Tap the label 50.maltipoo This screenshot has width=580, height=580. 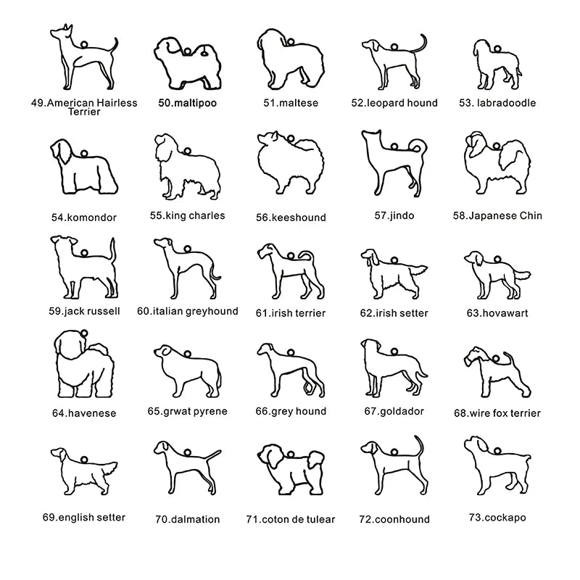[x=188, y=103]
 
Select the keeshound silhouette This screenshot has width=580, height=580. [x=291, y=162]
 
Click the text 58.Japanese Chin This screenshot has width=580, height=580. [x=497, y=215]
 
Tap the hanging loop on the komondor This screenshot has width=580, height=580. [x=84, y=154]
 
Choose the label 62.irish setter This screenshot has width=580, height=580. [x=394, y=313]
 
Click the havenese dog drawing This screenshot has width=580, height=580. [x=84, y=365]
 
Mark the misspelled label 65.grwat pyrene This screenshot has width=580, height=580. [x=188, y=411]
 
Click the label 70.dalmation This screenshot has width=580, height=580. [x=188, y=519]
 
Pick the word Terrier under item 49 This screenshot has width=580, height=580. [x=84, y=112]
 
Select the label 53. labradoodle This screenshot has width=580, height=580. [x=497, y=103]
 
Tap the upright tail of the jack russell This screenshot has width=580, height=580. [x=112, y=252]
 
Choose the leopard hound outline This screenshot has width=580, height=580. [x=394, y=62]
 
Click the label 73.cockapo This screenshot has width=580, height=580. [x=497, y=518]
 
